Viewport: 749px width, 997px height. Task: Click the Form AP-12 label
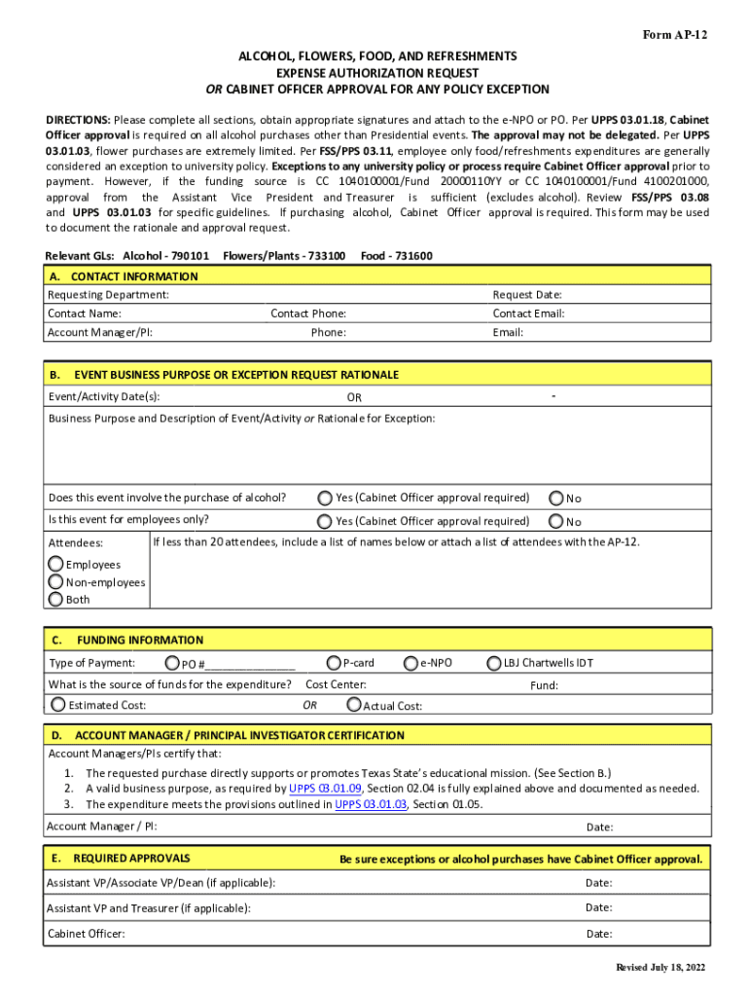point(675,35)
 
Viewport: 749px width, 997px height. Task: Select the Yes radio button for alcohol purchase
point(325,498)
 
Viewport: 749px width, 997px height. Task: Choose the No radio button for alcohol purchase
point(556,498)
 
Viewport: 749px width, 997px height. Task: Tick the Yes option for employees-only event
point(325,521)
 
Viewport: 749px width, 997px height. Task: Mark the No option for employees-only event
point(556,521)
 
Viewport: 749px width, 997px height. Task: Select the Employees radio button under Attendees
point(56,564)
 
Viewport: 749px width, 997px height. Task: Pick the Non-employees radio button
point(56,582)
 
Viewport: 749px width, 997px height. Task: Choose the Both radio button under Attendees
point(56,599)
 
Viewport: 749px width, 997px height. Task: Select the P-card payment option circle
point(334,663)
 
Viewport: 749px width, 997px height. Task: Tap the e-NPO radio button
point(411,663)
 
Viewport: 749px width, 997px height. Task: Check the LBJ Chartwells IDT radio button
point(493,663)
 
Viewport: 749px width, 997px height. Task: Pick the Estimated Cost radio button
point(58,704)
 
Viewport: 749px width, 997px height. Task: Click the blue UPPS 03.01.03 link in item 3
point(371,804)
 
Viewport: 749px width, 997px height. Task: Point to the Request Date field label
point(526,295)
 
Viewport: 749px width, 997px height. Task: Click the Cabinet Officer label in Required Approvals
point(87,934)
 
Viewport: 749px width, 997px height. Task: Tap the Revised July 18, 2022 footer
point(660,967)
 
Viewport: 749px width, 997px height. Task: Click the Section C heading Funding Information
point(140,640)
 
